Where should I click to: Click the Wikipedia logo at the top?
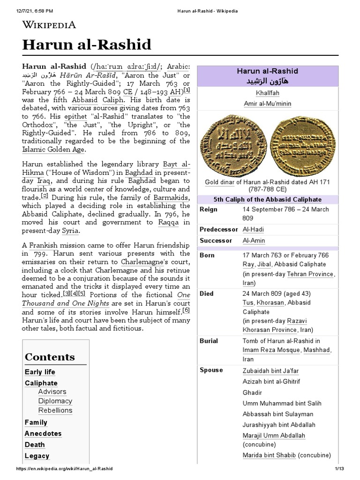click(x=49, y=25)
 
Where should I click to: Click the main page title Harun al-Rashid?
click(x=87, y=45)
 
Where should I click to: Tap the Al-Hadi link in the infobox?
click(x=253, y=229)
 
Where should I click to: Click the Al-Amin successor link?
click(x=254, y=240)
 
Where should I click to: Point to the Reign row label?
click(x=209, y=209)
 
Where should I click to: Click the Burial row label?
click(x=209, y=341)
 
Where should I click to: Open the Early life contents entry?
click(x=40, y=372)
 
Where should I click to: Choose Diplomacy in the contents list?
click(x=55, y=401)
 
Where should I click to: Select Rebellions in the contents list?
click(x=55, y=410)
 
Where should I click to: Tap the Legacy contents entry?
click(x=37, y=456)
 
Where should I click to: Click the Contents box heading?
click(x=50, y=357)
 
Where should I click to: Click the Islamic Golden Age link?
click(x=54, y=150)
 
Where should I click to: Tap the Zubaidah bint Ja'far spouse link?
click(x=270, y=371)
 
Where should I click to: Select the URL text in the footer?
click(x=64, y=469)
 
